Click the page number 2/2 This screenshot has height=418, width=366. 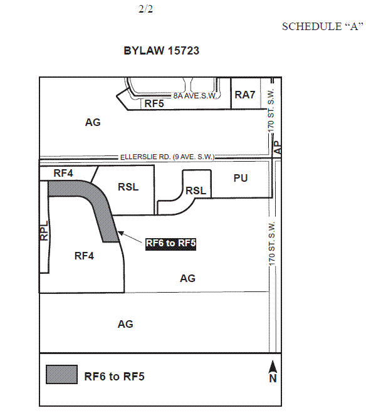[x=145, y=9]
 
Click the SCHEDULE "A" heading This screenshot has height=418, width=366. [x=322, y=26]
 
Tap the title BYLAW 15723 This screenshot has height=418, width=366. [x=162, y=51]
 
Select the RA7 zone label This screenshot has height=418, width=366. [x=244, y=95]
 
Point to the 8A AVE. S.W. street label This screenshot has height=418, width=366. [x=195, y=96]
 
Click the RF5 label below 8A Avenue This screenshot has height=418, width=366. [x=154, y=103]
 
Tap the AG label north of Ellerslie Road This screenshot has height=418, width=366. [x=93, y=122]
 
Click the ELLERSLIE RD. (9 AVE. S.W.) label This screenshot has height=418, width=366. [x=167, y=157]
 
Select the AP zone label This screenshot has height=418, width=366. [x=278, y=147]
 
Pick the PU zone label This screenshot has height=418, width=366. [x=241, y=178]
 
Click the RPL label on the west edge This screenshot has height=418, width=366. [x=44, y=231]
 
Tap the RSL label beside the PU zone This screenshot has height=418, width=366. [x=196, y=191]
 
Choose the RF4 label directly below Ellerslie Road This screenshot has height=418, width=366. [x=63, y=173]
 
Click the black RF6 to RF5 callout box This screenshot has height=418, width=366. [x=170, y=243]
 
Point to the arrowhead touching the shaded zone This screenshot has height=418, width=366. [x=120, y=233]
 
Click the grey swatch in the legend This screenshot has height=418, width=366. [x=61, y=375]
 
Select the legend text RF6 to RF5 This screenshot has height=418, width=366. [x=114, y=377]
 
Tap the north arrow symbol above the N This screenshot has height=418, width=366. [x=273, y=367]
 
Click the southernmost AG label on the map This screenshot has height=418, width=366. [x=125, y=324]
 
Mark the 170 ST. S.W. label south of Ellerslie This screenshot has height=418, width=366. [x=271, y=244]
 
